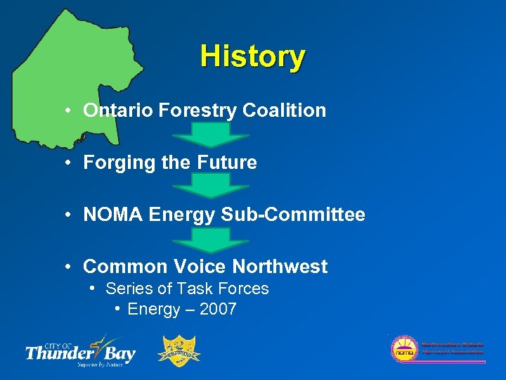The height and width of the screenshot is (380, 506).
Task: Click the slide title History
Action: [252, 56]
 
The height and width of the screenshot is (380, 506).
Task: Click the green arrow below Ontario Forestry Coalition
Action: [211, 134]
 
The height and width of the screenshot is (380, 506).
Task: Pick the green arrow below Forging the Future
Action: [211, 186]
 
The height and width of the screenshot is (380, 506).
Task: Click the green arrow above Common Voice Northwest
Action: [211, 239]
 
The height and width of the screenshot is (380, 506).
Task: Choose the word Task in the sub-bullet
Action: [199, 289]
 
